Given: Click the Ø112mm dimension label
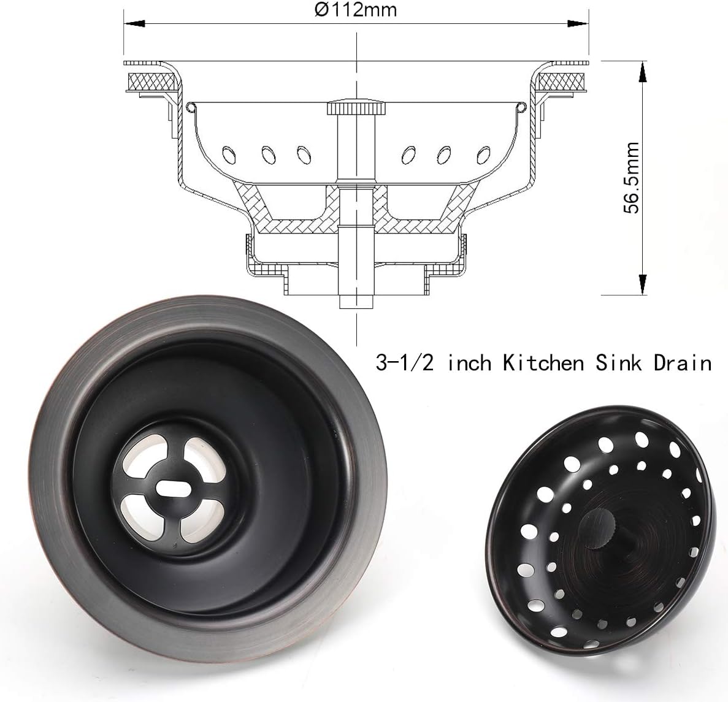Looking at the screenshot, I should [x=356, y=10].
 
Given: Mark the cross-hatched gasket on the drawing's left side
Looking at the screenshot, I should [x=149, y=80].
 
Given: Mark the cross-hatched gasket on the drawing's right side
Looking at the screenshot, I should [x=562, y=80].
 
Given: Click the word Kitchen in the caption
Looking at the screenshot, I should [x=543, y=363].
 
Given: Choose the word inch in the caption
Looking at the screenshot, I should [x=470, y=363].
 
